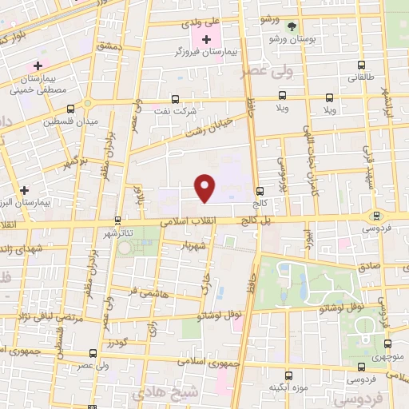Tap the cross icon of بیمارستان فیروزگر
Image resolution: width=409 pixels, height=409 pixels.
click(x=207, y=38)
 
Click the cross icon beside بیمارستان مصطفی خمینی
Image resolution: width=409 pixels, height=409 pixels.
click(x=38, y=65)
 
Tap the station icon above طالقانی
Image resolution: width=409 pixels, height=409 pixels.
click(x=361, y=66)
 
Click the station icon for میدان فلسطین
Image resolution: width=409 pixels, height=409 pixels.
click(x=71, y=109)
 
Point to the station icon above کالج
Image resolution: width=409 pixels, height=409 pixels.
click(x=260, y=191)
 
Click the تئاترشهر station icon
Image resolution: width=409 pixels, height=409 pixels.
click(x=117, y=220)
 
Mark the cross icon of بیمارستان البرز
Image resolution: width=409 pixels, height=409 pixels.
click(x=25, y=190)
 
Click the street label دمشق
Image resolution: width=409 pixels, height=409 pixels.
click(x=109, y=48)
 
